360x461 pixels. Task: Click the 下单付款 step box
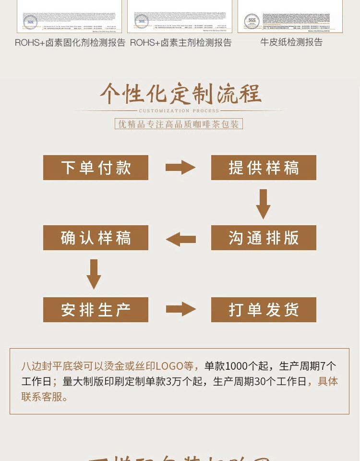coord(96,168)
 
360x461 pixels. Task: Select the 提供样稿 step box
coord(264,168)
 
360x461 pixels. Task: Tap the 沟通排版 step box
coord(264,238)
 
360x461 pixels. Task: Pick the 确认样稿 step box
coord(96,238)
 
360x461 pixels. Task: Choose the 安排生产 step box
coord(96,310)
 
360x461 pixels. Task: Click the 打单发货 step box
coord(264,310)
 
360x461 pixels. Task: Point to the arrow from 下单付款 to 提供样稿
coord(180,168)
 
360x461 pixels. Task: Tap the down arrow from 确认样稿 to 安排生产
coord(94,274)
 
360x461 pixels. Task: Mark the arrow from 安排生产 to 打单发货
coord(180,309)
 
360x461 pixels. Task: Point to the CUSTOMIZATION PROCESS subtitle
coord(179,111)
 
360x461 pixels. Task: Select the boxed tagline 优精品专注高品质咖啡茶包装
coord(179,124)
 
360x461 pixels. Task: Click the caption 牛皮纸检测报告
coord(291,42)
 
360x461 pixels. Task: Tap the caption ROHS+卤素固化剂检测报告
coord(70,43)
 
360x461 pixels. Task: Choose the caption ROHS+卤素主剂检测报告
coord(180,43)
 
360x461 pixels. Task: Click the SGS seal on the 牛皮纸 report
coord(252,21)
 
